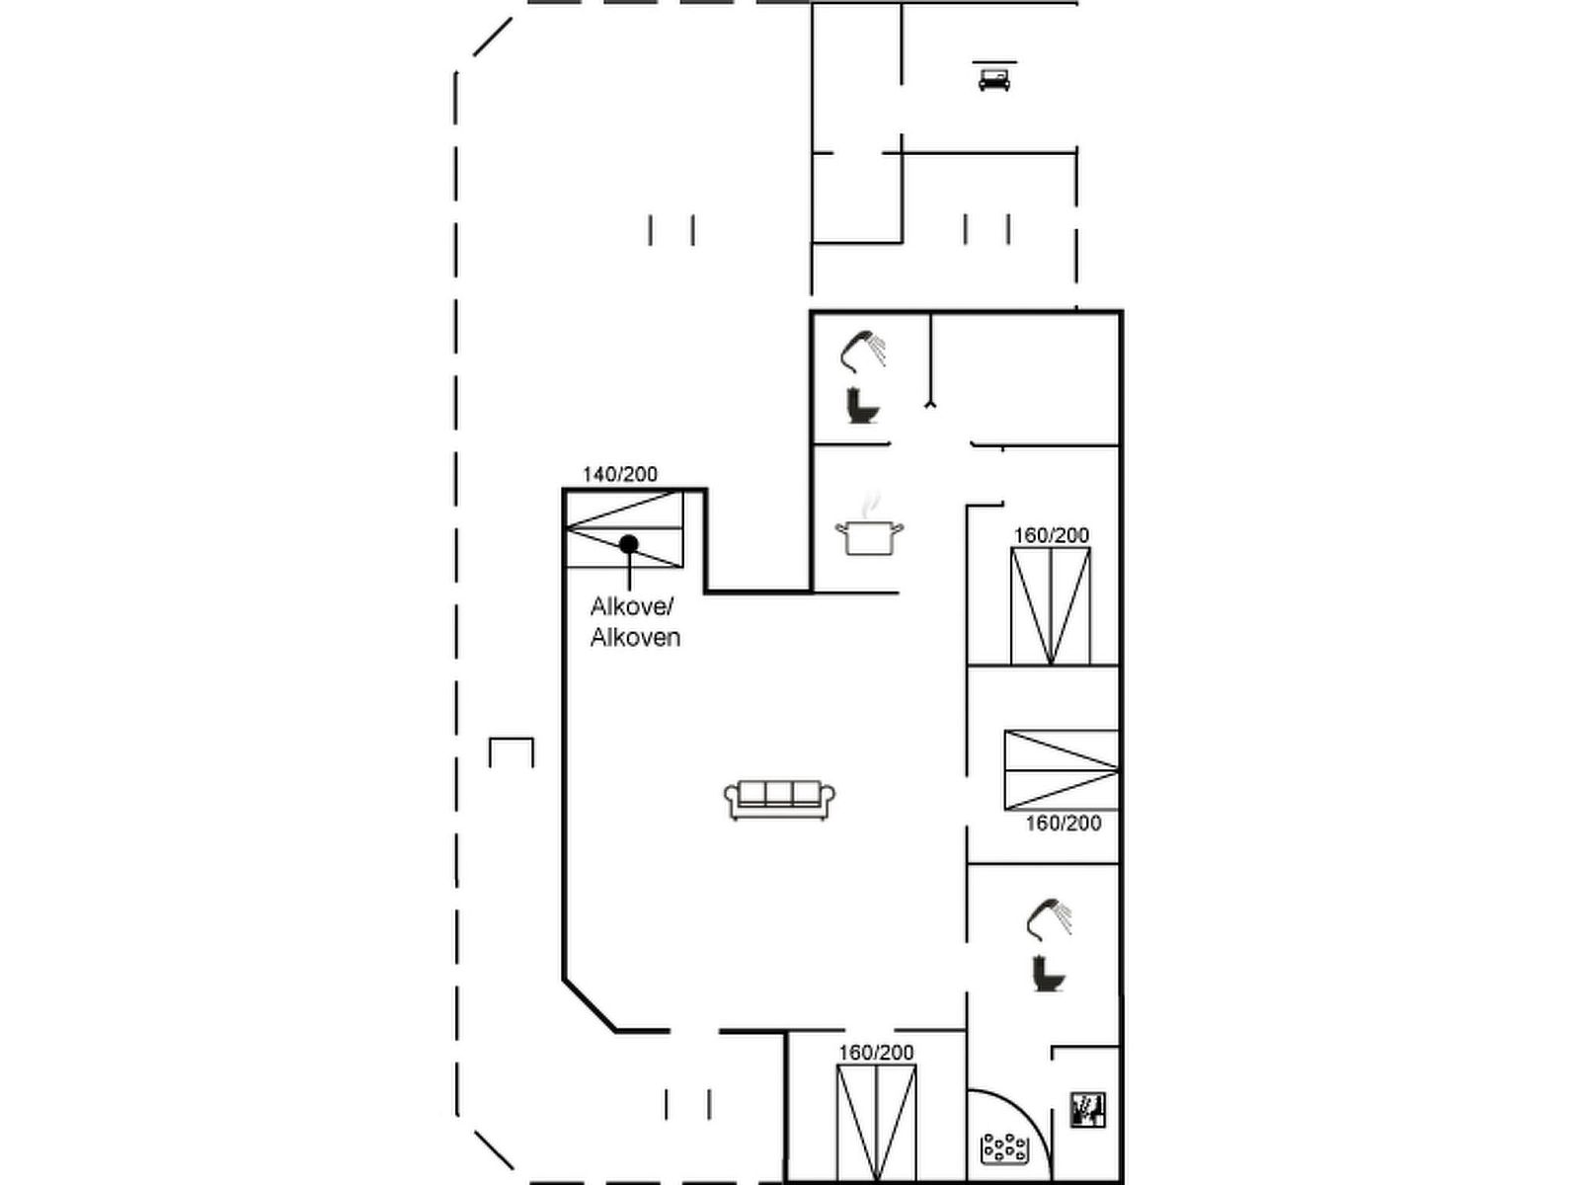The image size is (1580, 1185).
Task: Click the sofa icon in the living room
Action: pos(779,799)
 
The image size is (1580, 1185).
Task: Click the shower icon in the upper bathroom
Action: pos(862,352)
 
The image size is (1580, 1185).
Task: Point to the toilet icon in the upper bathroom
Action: pos(862,406)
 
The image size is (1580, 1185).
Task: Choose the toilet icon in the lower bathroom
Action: pos(1049,973)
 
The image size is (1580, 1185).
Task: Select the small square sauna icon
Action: pos(1087,1110)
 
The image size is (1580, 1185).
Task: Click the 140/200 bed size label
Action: pos(620,474)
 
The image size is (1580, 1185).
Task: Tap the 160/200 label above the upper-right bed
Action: pos(1051,535)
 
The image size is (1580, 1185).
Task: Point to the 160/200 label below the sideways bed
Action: pos(1064,824)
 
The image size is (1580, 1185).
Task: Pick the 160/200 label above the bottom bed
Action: pos(876,1053)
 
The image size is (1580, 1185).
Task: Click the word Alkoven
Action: pos(635,638)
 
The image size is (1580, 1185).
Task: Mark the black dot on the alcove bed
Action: pos(628,544)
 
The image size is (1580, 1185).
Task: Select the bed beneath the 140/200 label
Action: pos(624,529)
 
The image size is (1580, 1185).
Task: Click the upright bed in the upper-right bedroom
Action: pos(1051,605)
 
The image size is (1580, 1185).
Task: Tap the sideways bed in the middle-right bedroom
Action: pos(1062,770)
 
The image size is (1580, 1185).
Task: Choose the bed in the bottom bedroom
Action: pos(876,1123)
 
